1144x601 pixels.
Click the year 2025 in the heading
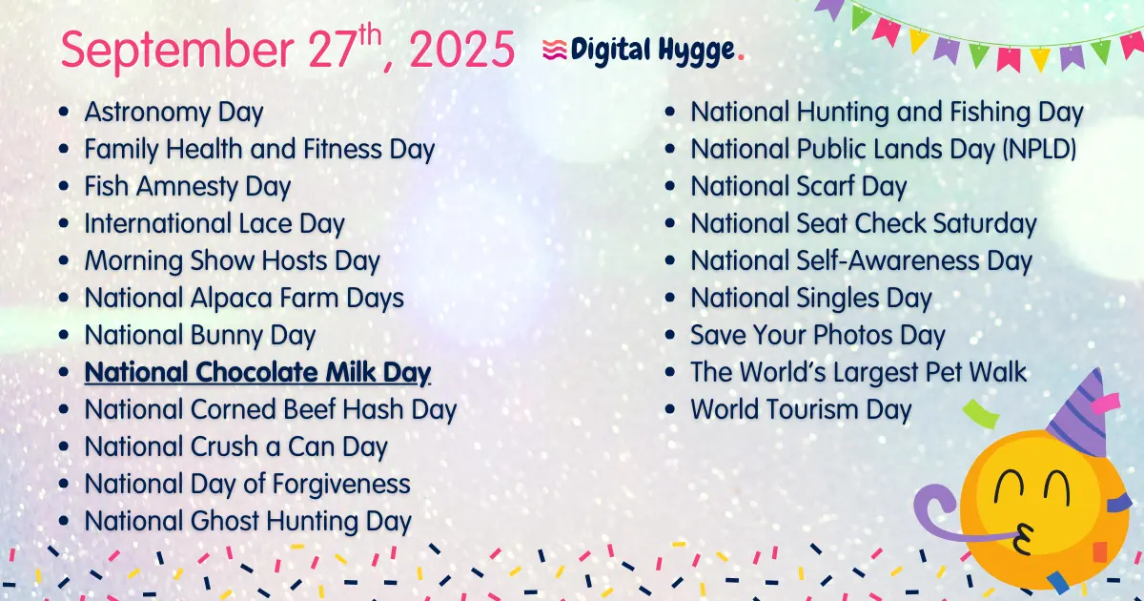click(461, 51)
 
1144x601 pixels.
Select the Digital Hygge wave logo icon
click(554, 51)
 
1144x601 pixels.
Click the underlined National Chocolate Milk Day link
click(257, 372)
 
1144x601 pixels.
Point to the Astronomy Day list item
click(174, 113)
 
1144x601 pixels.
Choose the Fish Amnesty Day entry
click(187, 187)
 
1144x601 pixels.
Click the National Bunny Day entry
click(199, 336)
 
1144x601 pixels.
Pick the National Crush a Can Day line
click(235, 446)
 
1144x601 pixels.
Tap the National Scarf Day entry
click(798, 187)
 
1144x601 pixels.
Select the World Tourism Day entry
click(801, 410)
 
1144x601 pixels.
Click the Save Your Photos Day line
click(817, 336)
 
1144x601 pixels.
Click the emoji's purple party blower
click(939, 510)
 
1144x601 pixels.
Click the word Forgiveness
click(340, 484)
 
